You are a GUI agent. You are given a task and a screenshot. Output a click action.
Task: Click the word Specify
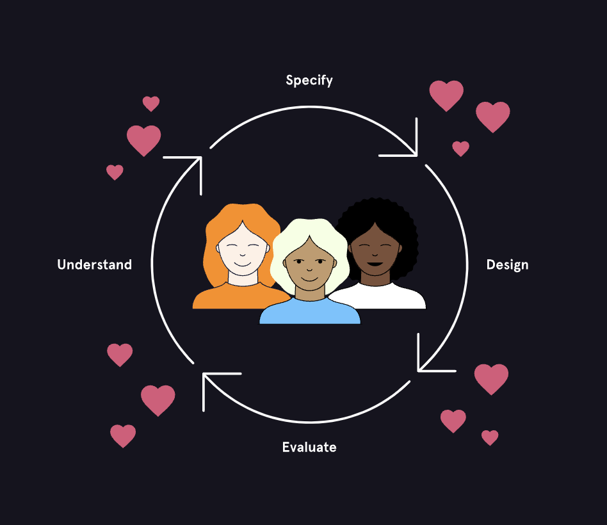pos(309,81)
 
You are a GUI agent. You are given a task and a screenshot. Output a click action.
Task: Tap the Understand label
pos(95,264)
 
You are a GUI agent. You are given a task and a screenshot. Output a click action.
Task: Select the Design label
pos(507,265)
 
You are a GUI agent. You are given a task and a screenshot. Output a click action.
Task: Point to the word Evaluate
pos(309,447)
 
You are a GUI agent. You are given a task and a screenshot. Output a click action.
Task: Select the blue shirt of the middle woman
pos(310,313)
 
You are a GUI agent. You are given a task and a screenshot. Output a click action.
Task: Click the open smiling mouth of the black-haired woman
pos(375,264)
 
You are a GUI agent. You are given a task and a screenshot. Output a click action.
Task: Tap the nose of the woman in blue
pos(309,269)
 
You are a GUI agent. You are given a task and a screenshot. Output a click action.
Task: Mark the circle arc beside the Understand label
pos(153,263)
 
